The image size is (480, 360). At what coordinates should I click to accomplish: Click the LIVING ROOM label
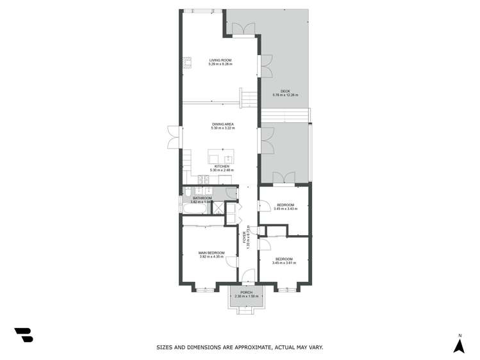tap(220, 61)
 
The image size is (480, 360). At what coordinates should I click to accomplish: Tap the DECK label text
tap(285, 92)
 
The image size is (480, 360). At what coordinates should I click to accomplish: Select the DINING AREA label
tap(222, 124)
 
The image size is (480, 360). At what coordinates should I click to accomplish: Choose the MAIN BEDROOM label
tap(211, 253)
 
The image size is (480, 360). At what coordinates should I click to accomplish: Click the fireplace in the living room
tap(188, 62)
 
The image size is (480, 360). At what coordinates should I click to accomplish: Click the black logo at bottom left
tap(24, 335)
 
